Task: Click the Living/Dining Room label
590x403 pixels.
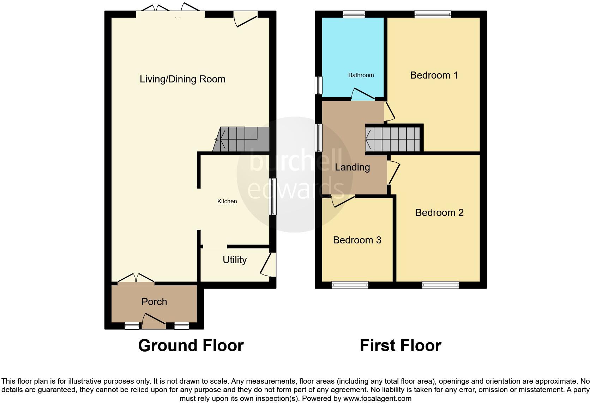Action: [182, 79]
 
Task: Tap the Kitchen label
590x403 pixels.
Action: [227, 201]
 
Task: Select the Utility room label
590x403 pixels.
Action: [234, 260]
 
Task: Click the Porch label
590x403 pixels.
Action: [154, 302]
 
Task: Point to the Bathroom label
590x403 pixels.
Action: [361, 75]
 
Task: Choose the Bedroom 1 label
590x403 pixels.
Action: [434, 75]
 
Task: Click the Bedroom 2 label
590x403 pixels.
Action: [439, 212]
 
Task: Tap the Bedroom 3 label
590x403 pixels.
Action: [357, 240]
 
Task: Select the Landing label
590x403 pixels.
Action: [352, 167]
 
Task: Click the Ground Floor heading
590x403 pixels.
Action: [191, 346]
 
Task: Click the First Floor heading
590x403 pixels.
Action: [401, 346]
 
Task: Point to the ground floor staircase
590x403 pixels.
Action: [240, 139]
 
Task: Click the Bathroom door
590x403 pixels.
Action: [363, 95]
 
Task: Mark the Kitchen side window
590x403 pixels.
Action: [273, 197]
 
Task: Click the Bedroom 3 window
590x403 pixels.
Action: [350, 285]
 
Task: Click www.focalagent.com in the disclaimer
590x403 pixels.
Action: [377, 399]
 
